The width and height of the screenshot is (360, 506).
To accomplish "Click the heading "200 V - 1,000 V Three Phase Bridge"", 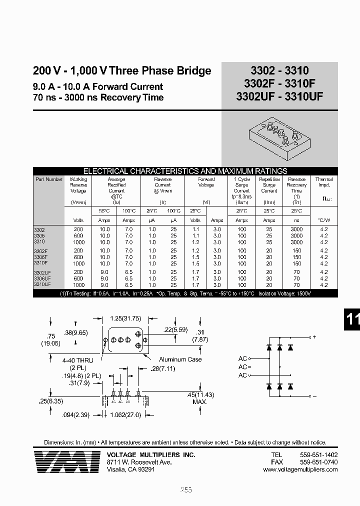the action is coord(122,71).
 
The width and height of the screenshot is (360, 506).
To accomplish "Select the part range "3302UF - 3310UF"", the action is coord(279,97).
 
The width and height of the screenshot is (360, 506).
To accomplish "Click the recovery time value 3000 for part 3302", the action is coord(296,229).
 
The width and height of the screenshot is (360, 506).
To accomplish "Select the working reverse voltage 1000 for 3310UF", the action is coord(78,284).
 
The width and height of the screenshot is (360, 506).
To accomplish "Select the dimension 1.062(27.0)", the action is coord(126,414).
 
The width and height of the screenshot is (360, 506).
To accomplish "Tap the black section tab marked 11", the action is coord(352,320).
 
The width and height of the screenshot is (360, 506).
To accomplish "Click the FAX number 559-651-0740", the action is coord(318,462).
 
